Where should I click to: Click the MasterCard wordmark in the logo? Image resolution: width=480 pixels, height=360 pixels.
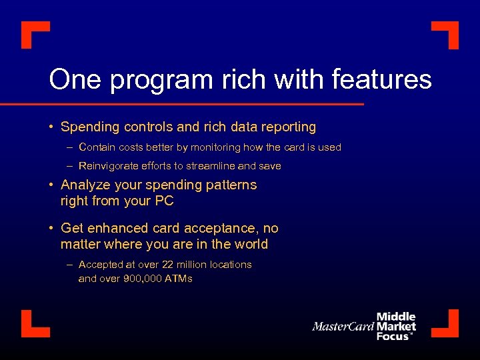click(343, 327)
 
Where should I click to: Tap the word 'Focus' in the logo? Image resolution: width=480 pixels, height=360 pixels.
click(394, 337)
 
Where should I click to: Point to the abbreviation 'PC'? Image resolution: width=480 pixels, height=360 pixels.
click(163, 201)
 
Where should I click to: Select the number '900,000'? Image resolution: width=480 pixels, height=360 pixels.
click(143, 279)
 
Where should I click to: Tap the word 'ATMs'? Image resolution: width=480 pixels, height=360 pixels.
click(178, 279)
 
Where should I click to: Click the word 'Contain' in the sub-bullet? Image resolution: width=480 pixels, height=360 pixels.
click(96, 147)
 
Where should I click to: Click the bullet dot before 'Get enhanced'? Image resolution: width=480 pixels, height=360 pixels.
click(51, 229)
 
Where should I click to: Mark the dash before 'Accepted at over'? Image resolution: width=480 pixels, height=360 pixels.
click(69, 265)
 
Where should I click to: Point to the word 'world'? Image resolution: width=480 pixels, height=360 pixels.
click(249, 244)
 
